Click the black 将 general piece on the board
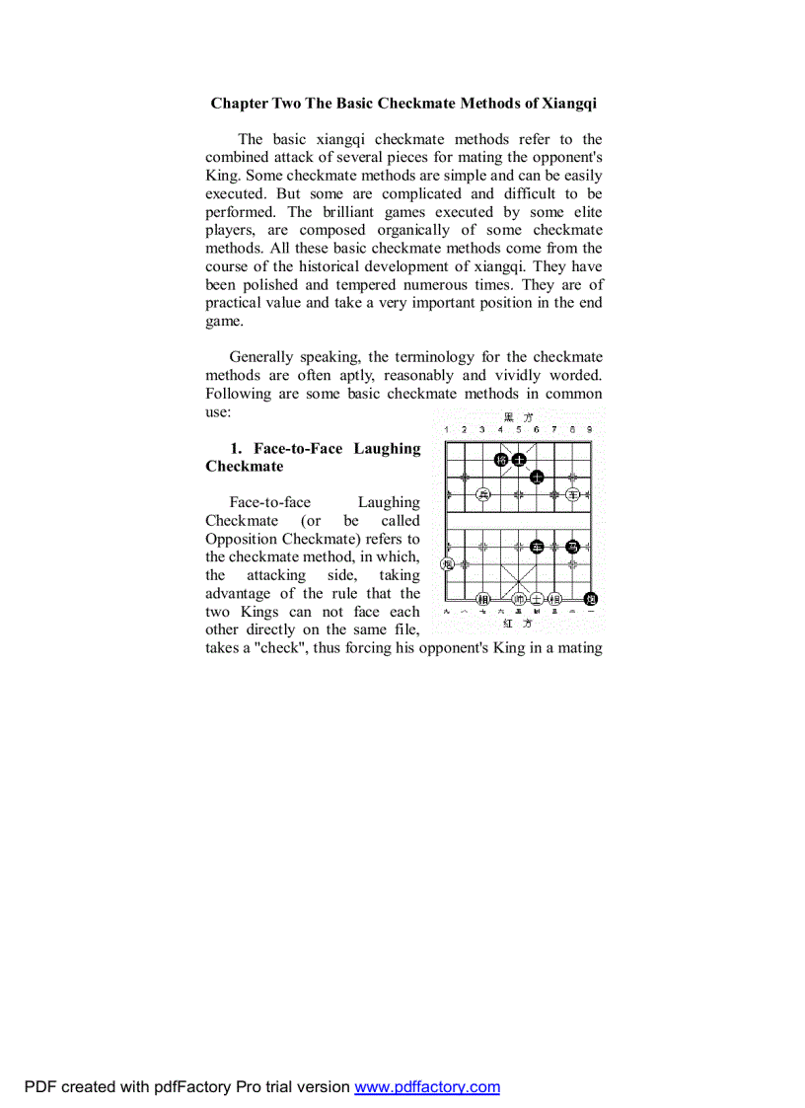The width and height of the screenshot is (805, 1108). pyautogui.click(x=501, y=459)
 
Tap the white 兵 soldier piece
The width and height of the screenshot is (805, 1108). pyautogui.click(x=482, y=494)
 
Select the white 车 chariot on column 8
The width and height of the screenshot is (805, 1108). pyautogui.click(x=572, y=494)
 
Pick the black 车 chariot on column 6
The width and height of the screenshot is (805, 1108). pyautogui.click(x=537, y=547)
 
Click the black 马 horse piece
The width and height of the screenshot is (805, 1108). pyautogui.click(x=572, y=547)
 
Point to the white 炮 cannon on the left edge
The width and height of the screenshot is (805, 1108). pyautogui.click(x=447, y=564)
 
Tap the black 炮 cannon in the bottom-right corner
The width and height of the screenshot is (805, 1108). pyautogui.click(x=591, y=599)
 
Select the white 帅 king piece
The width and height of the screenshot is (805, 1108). pyautogui.click(x=519, y=599)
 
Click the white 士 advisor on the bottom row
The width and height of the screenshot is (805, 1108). pyautogui.click(x=537, y=599)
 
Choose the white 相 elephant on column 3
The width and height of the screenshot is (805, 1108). pyautogui.click(x=482, y=599)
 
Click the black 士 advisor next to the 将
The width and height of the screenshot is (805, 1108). pyautogui.click(x=519, y=459)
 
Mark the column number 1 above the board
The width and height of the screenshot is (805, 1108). pyautogui.click(x=447, y=430)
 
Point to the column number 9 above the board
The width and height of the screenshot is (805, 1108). pyautogui.click(x=590, y=430)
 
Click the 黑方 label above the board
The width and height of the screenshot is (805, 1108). pyautogui.click(x=518, y=417)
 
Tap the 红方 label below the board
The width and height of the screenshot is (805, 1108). pyautogui.click(x=518, y=624)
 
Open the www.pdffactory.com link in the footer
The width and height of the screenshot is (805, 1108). pyautogui.click(x=427, y=1087)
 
